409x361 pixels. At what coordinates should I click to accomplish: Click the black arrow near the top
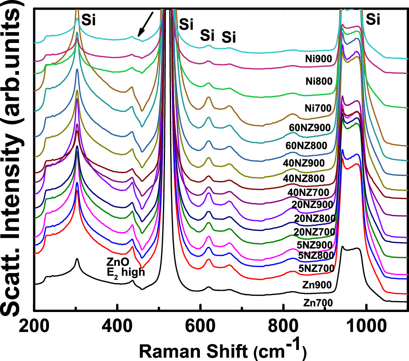coord(145,23)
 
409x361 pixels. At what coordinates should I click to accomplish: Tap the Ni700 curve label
coord(317,108)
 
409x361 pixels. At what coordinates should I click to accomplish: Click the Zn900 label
coord(317,285)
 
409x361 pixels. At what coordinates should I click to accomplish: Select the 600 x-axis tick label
coord(200,324)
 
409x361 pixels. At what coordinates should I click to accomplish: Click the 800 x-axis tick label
coord(283,324)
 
